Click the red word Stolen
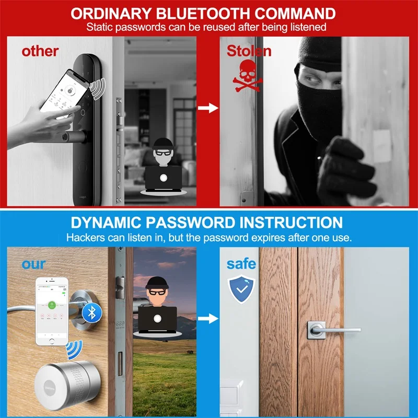(x=249, y=51)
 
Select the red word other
(x=40, y=51)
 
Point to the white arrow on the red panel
(x=210, y=108)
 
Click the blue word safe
(x=241, y=264)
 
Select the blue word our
(x=33, y=263)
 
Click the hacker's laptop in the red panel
(x=162, y=178)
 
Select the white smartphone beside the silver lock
(x=53, y=311)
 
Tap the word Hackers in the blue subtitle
(x=84, y=237)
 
